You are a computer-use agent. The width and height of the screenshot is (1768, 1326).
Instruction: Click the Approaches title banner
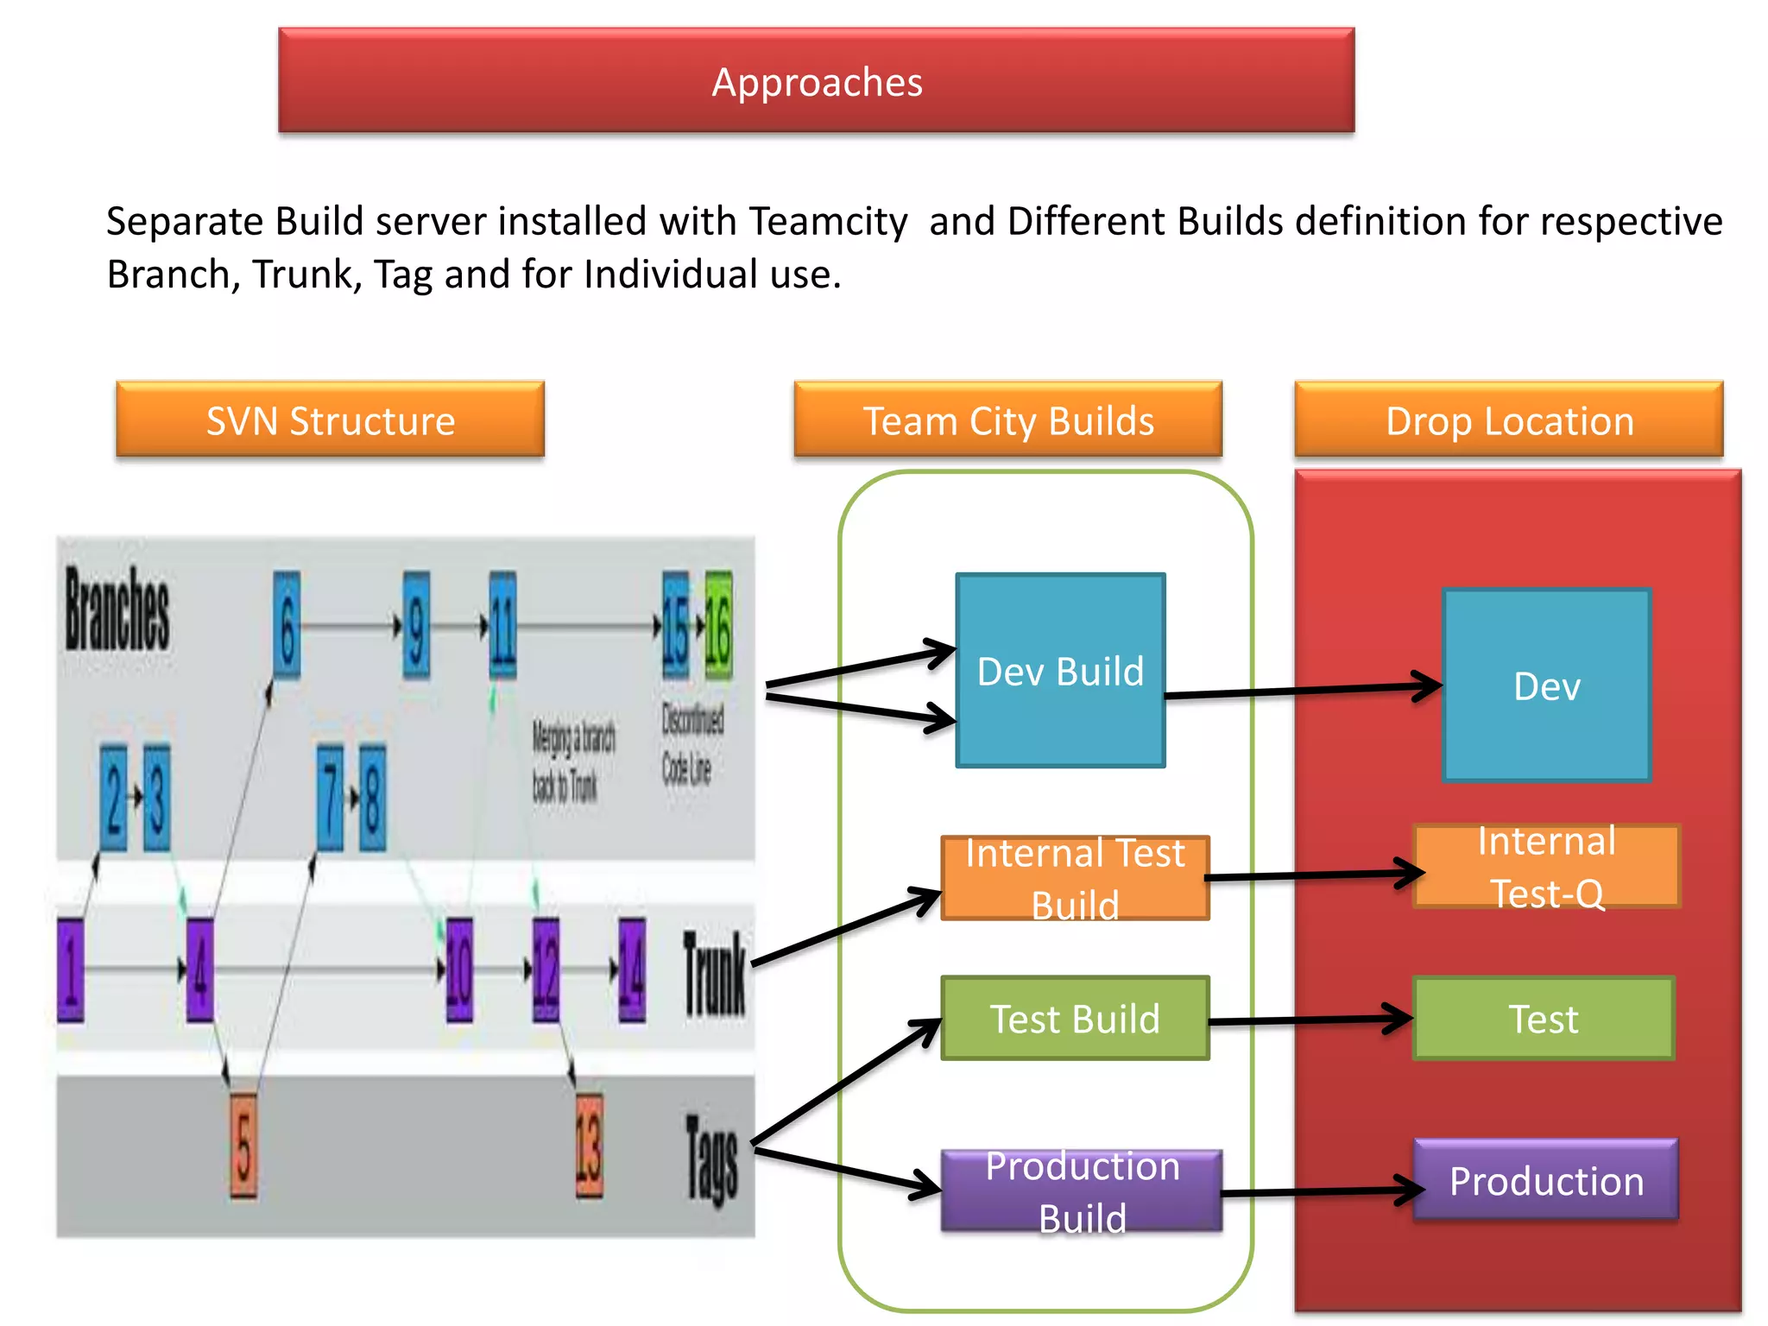[816, 80]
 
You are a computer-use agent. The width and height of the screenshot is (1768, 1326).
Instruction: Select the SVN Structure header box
[330, 420]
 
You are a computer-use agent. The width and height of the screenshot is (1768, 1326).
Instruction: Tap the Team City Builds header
[1007, 420]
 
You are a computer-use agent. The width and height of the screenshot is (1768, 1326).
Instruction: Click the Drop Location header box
[1508, 420]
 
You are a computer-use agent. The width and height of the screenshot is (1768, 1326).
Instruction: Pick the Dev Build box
[1060, 671]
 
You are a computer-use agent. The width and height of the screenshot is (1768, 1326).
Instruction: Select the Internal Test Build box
[1075, 878]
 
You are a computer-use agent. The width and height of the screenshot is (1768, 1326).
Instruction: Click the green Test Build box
[1075, 1019]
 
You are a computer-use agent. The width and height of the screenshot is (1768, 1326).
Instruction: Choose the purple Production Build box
[1082, 1191]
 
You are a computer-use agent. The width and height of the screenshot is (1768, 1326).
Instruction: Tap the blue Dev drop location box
[1546, 686]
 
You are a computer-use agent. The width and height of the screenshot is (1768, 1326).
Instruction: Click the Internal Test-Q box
[1546, 867]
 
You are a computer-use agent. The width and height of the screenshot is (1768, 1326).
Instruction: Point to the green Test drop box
[1543, 1019]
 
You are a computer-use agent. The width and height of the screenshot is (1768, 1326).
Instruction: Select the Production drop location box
[1546, 1180]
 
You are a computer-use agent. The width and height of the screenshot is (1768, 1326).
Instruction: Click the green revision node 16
[718, 626]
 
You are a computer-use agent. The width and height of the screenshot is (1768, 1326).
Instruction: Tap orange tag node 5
[243, 1146]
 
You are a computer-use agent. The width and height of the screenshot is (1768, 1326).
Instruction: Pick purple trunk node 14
[632, 969]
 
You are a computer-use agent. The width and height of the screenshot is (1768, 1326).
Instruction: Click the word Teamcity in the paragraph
[827, 221]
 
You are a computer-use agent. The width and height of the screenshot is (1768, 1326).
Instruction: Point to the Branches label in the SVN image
[117, 609]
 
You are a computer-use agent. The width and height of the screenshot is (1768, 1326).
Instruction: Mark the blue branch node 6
[287, 626]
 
